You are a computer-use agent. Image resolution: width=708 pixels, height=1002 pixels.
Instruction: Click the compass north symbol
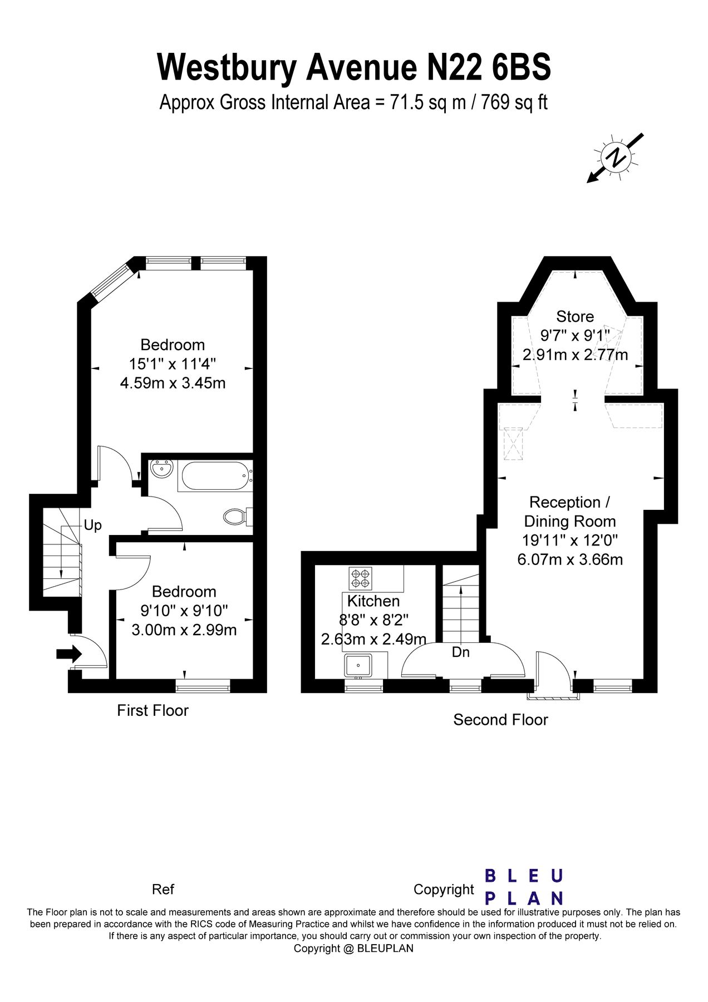pyautogui.click(x=617, y=158)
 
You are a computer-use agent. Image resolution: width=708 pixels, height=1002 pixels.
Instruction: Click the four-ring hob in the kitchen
pyautogui.click(x=360, y=578)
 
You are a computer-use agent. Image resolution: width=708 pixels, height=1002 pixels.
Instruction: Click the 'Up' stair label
pyautogui.click(x=92, y=525)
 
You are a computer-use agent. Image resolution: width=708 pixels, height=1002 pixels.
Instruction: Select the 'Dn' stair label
pyautogui.click(x=460, y=652)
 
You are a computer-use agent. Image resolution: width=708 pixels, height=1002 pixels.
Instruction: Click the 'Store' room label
pyautogui.click(x=575, y=317)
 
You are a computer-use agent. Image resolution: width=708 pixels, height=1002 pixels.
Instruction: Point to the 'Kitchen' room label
pyautogui.click(x=373, y=601)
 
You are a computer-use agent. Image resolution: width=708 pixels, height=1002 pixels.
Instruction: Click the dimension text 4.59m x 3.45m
pyautogui.click(x=173, y=383)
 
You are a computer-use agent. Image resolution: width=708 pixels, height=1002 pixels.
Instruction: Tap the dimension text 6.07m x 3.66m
pyautogui.click(x=570, y=559)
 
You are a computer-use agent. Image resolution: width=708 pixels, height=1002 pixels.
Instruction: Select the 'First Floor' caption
pyautogui.click(x=153, y=710)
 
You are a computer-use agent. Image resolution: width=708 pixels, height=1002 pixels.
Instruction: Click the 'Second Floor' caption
pyautogui.click(x=500, y=720)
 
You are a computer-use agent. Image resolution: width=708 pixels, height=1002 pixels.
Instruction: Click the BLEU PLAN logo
pyautogui.click(x=524, y=887)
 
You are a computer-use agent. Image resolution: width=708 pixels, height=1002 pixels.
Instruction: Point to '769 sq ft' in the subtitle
pyautogui.click(x=514, y=102)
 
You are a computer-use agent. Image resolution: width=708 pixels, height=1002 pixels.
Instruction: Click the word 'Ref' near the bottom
pyautogui.click(x=163, y=889)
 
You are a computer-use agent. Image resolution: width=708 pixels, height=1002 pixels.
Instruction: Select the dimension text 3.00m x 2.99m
pyautogui.click(x=184, y=630)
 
